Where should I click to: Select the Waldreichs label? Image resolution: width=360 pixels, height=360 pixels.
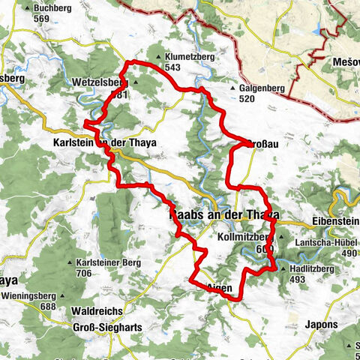coord(96,310)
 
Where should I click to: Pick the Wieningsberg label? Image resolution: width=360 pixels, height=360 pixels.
coord(32,295)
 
